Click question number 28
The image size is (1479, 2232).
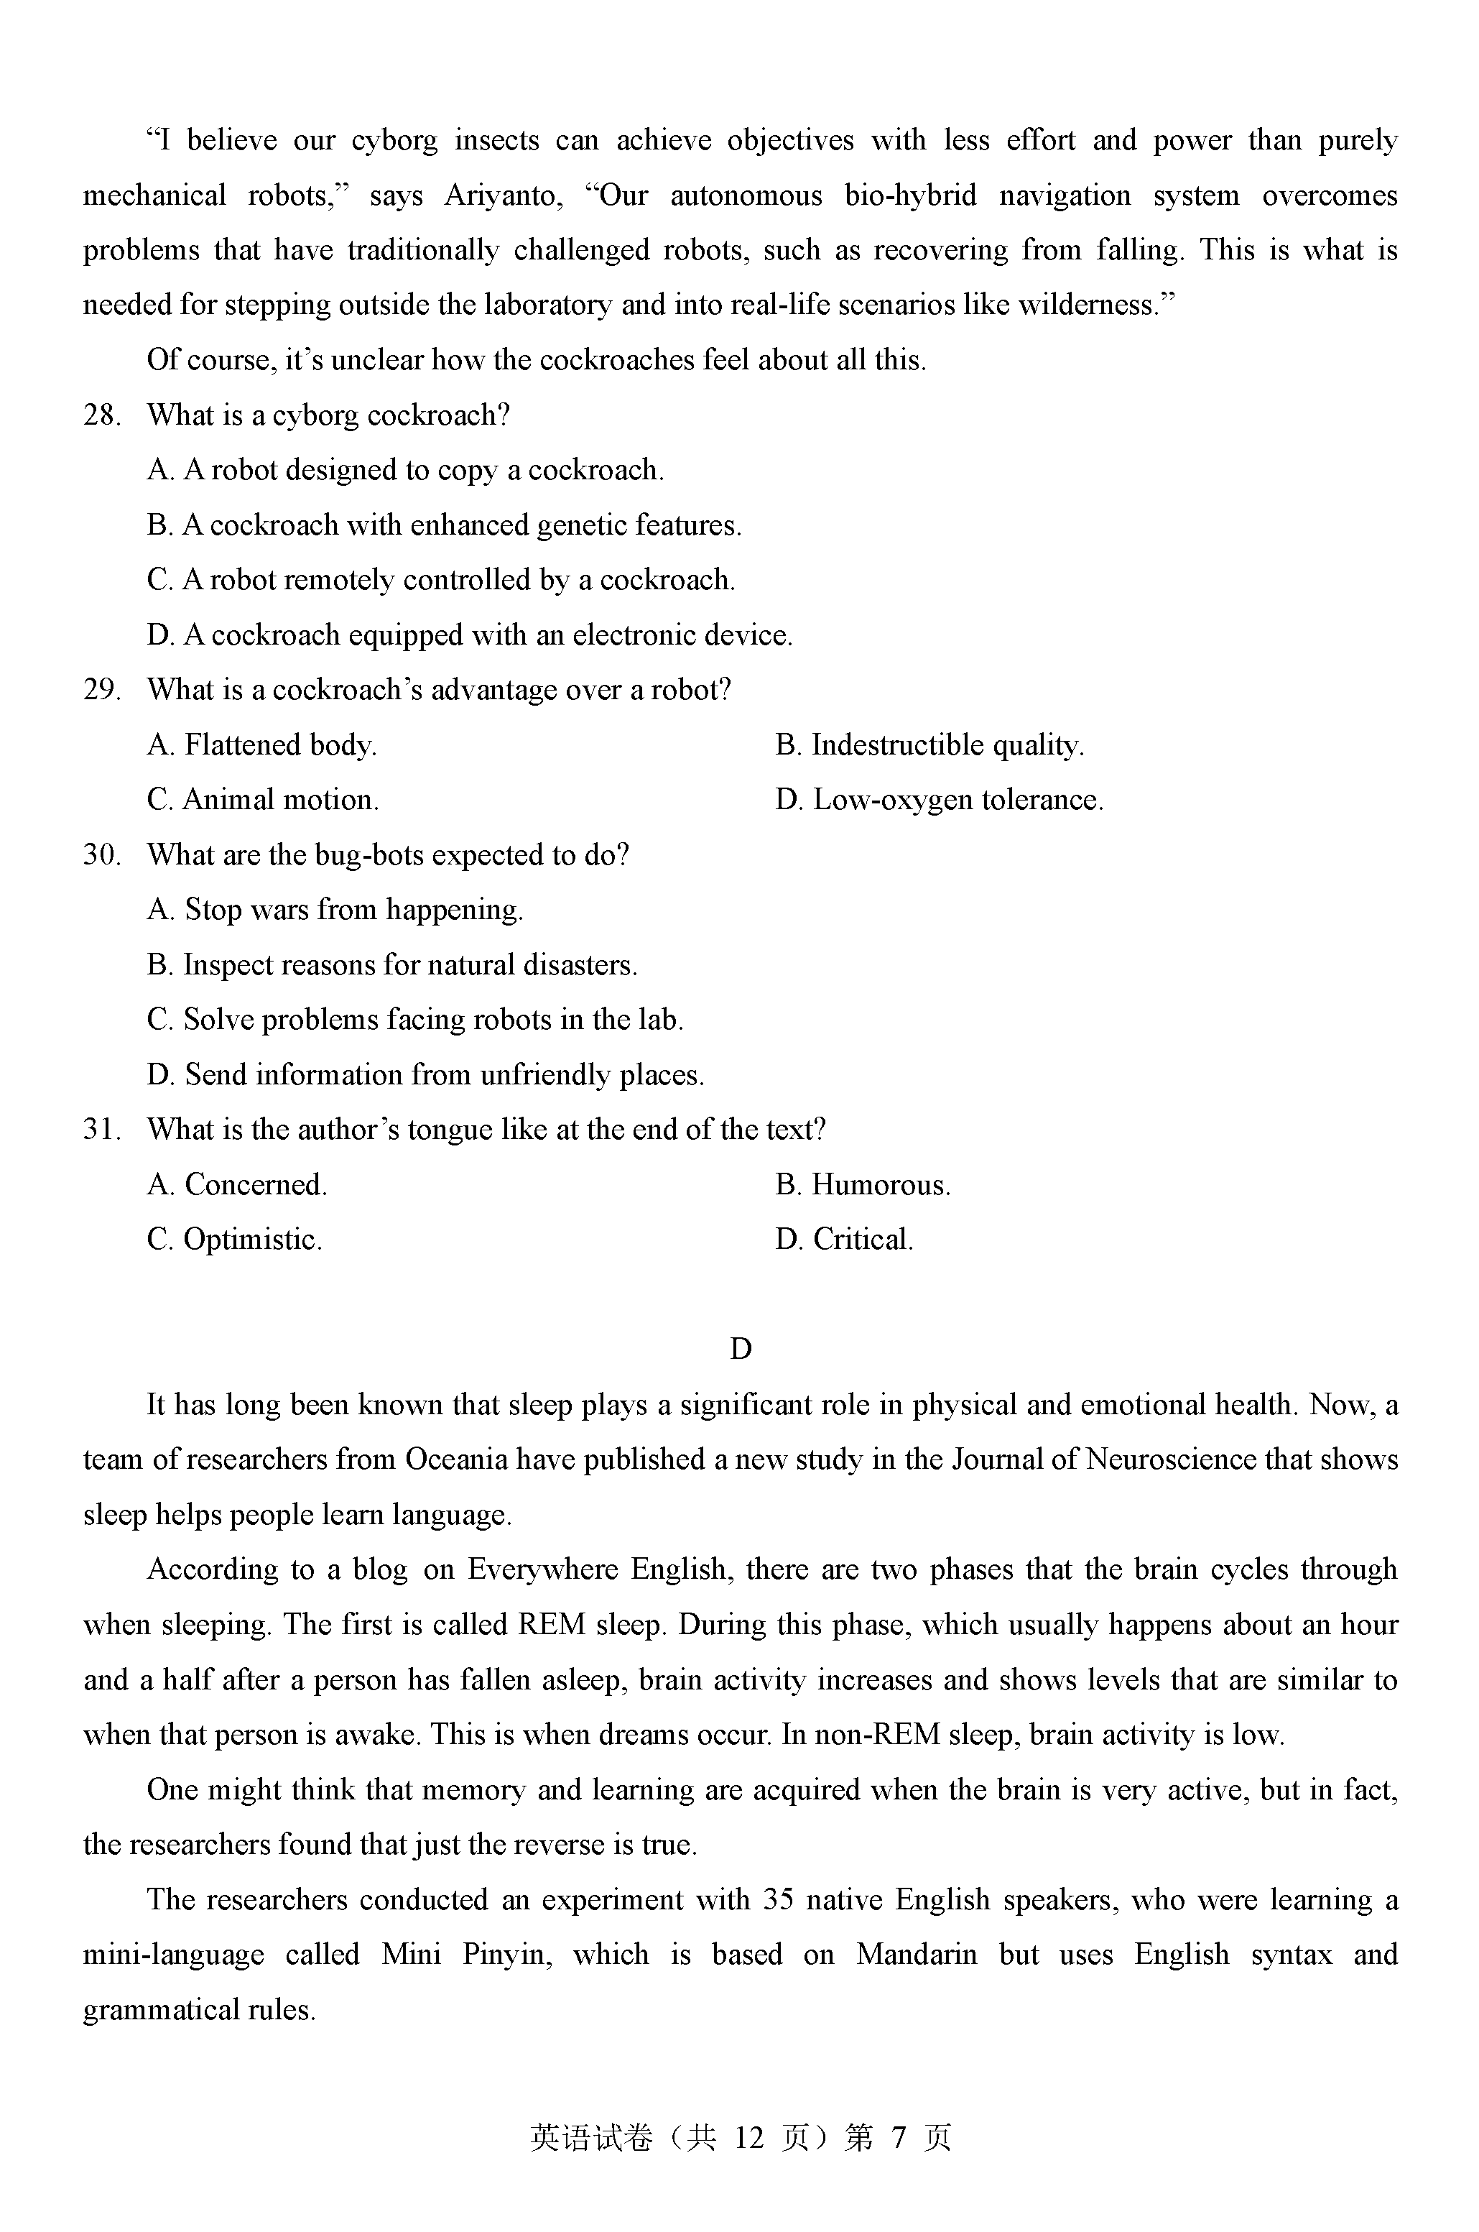click(x=101, y=415)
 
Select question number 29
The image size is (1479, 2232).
click(x=101, y=690)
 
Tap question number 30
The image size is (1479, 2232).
click(x=101, y=854)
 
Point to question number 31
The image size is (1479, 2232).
click(x=101, y=1129)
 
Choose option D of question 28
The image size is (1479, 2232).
click(x=470, y=635)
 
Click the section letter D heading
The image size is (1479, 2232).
click(x=741, y=1349)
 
